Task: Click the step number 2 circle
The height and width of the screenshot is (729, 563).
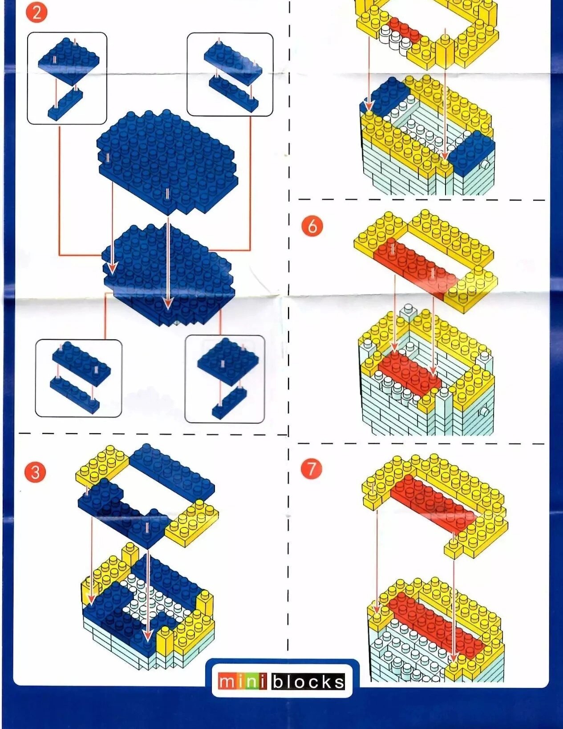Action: (36, 13)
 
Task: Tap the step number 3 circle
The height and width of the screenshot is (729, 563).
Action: (35, 472)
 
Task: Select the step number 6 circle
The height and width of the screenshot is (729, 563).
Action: (312, 226)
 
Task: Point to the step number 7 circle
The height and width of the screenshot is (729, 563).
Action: (312, 468)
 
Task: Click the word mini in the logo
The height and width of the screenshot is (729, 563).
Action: (243, 682)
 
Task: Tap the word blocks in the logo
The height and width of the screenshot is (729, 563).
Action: (308, 682)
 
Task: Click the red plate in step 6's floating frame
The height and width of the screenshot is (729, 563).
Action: (414, 267)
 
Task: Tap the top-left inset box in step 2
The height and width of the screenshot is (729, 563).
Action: (67, 78)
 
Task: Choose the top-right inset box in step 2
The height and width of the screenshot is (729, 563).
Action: (230, 74)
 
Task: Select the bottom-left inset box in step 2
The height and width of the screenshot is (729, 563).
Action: (78, 378)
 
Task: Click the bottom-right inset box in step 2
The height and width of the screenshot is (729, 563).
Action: (225, 379)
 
